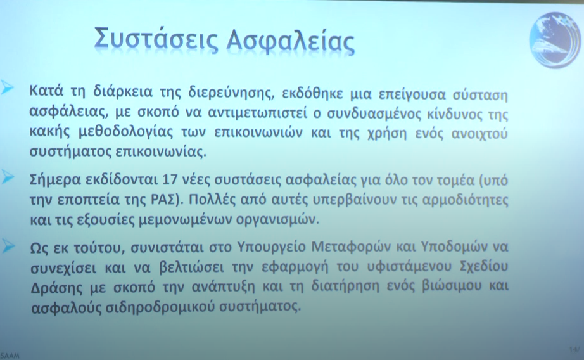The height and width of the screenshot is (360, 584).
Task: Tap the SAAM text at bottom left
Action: pos(10,356)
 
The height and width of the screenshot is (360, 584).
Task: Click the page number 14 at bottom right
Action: pos(573,349)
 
